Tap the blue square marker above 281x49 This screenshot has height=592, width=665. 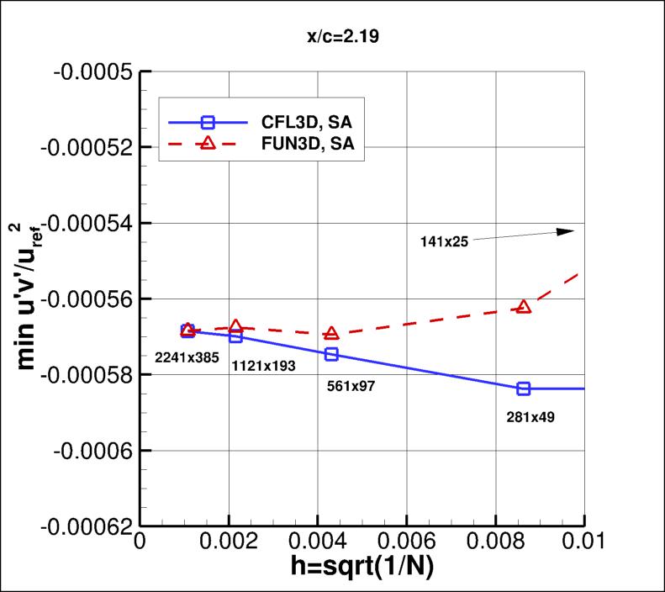[x=524, y=388]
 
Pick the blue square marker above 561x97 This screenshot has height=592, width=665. [x=331, y=354]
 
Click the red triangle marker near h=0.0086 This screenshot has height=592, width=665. [x=524, y=307]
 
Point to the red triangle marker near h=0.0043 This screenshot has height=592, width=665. [x=331, y=334]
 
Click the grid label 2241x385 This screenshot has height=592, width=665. [x=187, y=358]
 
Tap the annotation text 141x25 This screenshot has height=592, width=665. [x=445, y=242]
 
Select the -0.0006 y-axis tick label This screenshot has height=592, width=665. [x=92, y=451]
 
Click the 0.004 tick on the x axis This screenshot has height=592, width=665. [x=318, y=544]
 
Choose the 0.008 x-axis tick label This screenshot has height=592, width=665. [x=496, y=544]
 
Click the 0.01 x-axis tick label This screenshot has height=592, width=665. [x=583, y=544]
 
